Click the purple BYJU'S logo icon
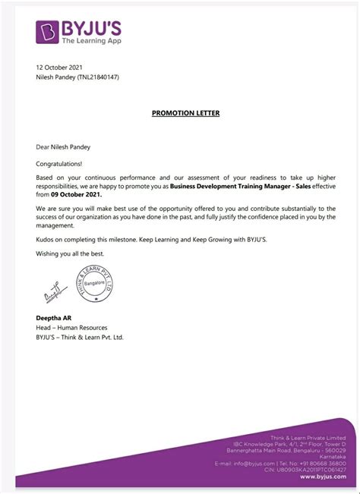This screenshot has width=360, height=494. point(49,32)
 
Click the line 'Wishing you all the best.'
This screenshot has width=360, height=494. point(71,253)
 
